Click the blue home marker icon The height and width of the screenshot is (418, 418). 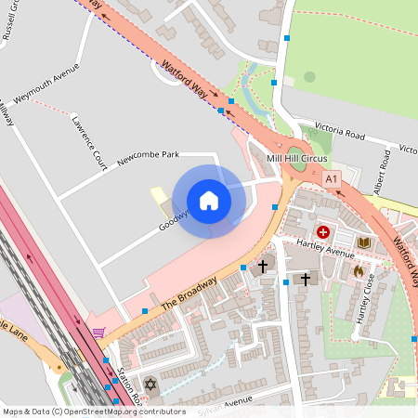pos(209,201)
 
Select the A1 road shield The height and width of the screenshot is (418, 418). pos(332,176)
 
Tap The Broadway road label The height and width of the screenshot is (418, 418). pos(189,294)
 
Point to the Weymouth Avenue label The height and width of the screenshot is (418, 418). pos(46,84)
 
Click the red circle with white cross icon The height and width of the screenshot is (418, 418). pos(323,231)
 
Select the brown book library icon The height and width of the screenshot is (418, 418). pos(364,243)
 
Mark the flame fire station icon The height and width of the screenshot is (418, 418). pos(358,271)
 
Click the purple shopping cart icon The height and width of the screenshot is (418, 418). pos(98,333)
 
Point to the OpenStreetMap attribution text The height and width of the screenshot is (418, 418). pos(93,411)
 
